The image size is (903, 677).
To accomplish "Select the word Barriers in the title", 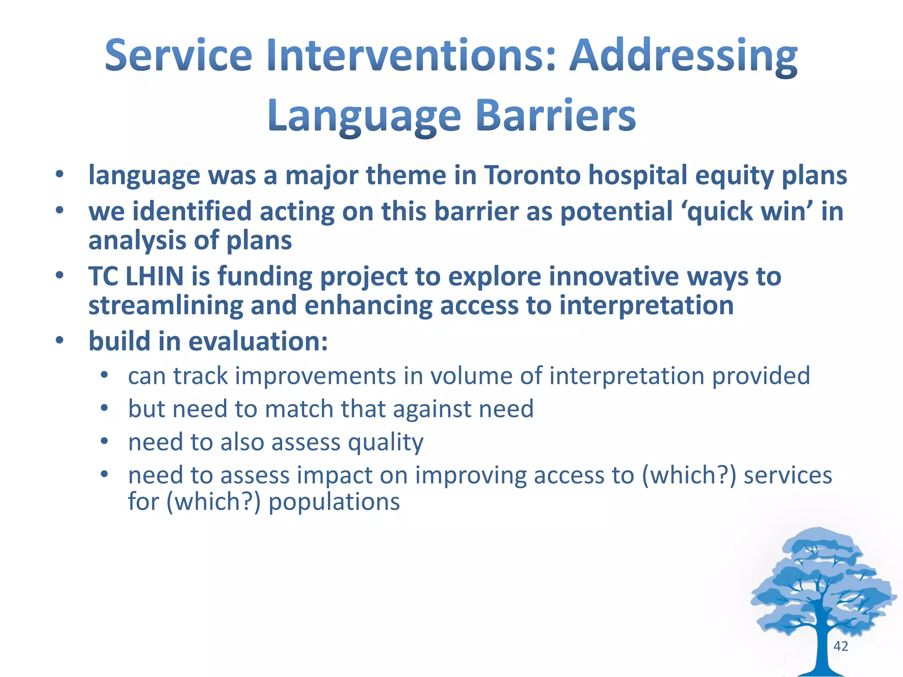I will point(556,115).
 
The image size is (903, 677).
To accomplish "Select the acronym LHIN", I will point(154,276).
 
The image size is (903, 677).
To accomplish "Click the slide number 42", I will point(840,646).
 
